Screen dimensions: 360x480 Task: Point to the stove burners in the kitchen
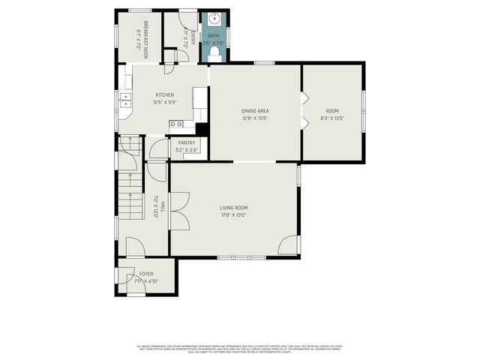click(x=176, y=124)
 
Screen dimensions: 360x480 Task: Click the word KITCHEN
click(x=164, y=95)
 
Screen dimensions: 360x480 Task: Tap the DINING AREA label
click(x=255, y=111)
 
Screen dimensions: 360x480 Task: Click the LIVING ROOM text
click(x=233, y=208)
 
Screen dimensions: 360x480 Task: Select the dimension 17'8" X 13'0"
click(x=233, y=215)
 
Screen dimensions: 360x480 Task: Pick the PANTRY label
click(x=187, y=142)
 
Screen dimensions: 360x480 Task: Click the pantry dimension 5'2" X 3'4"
click(x=187, y=150)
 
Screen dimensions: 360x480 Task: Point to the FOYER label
click(x=146, y=274)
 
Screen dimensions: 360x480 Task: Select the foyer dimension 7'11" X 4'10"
click(x=146, y=281)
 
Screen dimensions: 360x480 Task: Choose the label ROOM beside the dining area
click(x=331, y=111)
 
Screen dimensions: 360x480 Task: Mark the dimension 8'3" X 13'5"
click(x=331, y=118)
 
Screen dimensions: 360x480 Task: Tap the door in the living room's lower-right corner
click(x=288, y=245)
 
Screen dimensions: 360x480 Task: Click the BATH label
click(x=214, y=35)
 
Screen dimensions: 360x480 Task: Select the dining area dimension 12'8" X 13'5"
click(x=255, y=118)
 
